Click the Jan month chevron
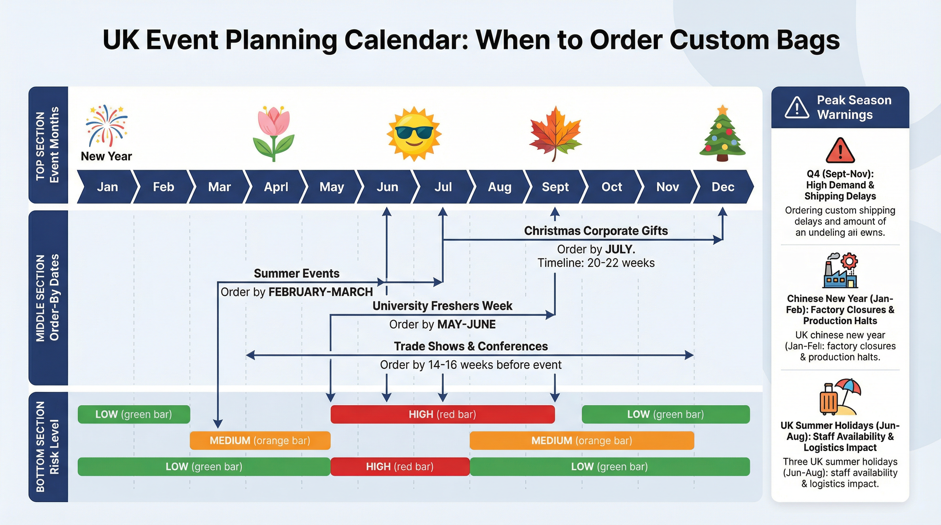click(107, 187)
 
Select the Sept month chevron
click(555, 187)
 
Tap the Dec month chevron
click(722, 187)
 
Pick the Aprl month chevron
click(276, 187)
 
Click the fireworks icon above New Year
click(106, 126)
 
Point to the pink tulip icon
click(274, 133)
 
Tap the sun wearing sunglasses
click(414, 134)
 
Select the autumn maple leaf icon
click(555, 133)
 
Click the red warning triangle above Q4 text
click(840, 150)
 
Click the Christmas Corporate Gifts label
click(595, 231)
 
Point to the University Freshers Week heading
click(442, 306)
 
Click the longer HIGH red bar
click(442, 414)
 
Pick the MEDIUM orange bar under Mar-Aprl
click(260, 440)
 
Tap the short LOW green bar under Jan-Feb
click(134, 414)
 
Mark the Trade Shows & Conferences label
click(471, 346)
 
